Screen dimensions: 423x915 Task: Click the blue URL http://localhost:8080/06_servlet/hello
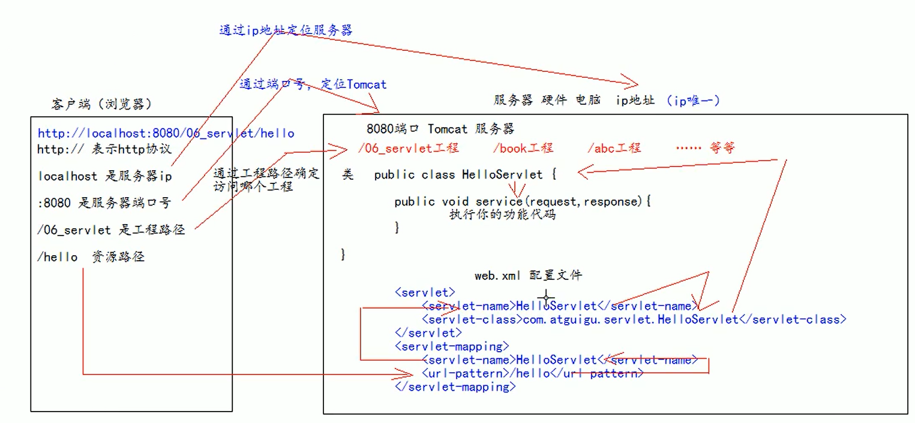click(166, 134)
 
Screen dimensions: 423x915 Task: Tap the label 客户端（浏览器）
click(102, 104)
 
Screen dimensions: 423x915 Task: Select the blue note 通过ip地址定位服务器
click(286, 30)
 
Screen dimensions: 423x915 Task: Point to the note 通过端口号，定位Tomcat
click(313, 84)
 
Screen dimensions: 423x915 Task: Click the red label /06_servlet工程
click(408, 148)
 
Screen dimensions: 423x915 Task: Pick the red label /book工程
click(523, 148)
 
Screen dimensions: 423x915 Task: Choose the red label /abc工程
click(614, 148)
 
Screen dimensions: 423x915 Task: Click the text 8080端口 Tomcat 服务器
click(440, 129)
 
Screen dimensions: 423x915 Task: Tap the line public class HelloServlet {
click(466, 175)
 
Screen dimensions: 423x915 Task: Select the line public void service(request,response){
click(523, 202)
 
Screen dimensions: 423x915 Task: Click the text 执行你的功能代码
click(502, 214)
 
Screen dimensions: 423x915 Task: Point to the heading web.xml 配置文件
click(528, 276)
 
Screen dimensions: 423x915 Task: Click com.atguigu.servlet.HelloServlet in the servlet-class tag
click(631, 319)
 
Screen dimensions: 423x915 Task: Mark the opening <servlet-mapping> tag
click(452, 346)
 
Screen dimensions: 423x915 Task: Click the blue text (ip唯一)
click(692, 101)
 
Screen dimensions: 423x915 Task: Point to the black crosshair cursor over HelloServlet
click(546, 297)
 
